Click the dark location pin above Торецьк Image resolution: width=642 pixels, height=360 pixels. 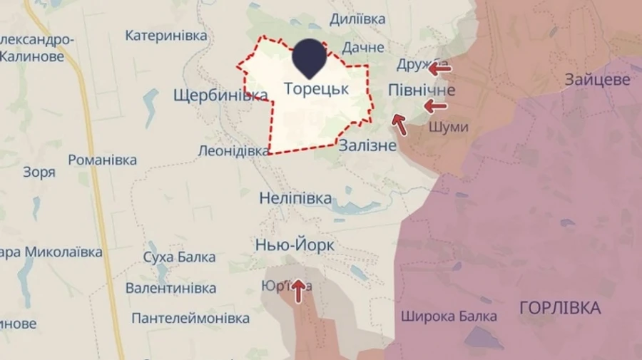310,57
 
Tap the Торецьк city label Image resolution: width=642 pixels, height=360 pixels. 316,89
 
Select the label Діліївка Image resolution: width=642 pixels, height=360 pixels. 358,19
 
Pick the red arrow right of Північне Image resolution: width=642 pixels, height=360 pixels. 435,107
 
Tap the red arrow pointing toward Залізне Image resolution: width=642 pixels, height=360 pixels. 399,125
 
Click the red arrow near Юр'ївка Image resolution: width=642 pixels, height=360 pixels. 299,290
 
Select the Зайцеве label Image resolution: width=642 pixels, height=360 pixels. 598,79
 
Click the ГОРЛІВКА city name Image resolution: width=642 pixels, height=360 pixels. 560,308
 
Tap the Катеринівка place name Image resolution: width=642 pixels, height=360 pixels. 166,35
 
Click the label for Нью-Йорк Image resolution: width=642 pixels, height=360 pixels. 295,246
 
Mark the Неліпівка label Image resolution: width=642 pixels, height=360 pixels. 295,198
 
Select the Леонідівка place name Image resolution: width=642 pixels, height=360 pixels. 233,151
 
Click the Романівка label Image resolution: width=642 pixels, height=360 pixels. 103,160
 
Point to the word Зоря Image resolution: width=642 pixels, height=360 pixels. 39,172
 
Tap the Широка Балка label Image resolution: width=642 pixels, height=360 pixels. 449,316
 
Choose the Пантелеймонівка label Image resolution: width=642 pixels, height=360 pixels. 190,318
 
